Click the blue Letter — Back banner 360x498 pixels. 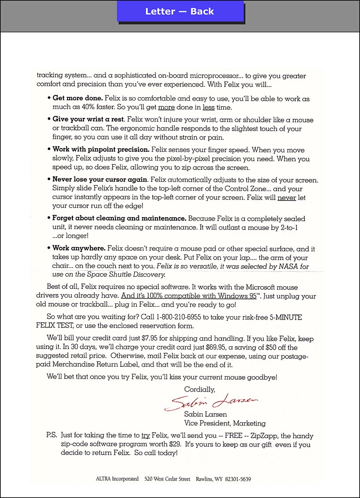click(180, 12)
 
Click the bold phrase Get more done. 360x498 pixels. click(78, 98)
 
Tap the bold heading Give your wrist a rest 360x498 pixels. click(88, 120)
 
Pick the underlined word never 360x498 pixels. click(286, 198)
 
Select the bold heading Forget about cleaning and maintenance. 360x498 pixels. click(119, 219)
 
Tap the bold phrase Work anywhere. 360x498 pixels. click(79, 249)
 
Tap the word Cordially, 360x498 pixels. click(199, 389)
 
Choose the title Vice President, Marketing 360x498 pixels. click(225, 423)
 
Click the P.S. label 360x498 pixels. click(51, 435)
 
